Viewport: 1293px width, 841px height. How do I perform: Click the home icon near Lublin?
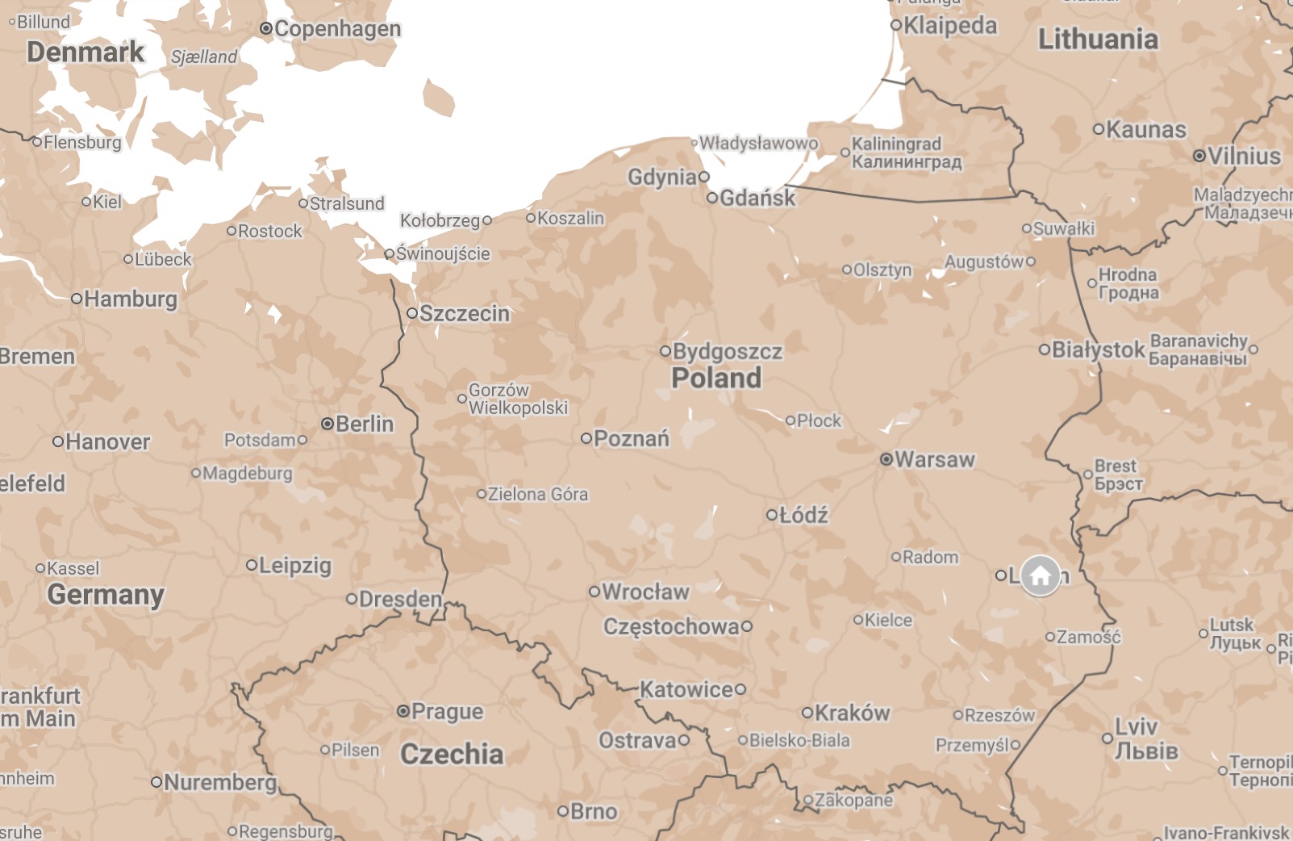point(1041,575)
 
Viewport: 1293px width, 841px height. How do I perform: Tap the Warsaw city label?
point(934,459)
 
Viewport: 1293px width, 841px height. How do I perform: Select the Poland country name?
point(716,378)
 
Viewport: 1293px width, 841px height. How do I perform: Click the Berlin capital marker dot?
point(327,424)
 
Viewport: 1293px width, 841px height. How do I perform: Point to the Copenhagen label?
point(337,29)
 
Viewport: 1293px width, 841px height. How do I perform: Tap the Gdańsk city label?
point(757,198)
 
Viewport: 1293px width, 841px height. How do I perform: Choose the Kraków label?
point(852,713)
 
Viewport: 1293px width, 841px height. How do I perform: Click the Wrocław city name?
point(645,592)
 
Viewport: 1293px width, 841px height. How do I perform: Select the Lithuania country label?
point(1097,39)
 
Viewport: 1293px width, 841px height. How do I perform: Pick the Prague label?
point(447,711)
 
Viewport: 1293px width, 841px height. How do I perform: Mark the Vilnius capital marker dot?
point(1199,156)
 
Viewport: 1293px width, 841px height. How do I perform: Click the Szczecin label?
point(464,313)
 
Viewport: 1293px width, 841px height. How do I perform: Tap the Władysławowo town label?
point(757,143)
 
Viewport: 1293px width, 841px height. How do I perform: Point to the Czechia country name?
point(452,754)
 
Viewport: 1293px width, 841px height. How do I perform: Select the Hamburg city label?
point(130,299)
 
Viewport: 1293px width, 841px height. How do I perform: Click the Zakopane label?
point(853,800)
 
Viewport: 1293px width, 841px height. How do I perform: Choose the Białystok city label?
point(1098,349)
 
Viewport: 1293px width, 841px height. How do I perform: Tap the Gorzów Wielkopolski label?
point(518,399)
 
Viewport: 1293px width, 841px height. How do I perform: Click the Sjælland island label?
point(204,56)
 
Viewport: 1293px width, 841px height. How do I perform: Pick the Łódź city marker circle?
point(772,515)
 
